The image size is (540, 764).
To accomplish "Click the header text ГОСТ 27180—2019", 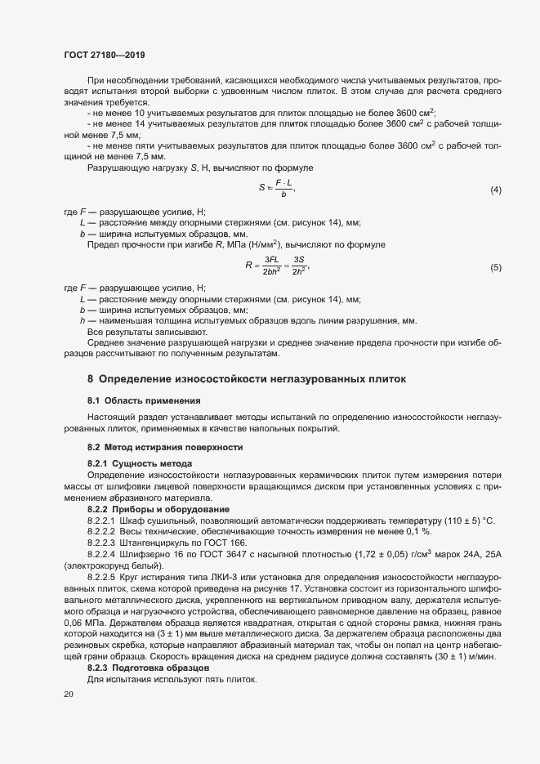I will tap(104, 55).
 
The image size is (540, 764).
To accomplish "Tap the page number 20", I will tap(69, 694).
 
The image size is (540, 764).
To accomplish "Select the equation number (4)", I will tap(495, 190).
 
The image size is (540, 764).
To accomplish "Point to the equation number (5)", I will tap(495, 268).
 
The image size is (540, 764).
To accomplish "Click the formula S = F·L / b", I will tap(276, 189).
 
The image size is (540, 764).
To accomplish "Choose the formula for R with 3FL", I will tap(277, 267).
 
